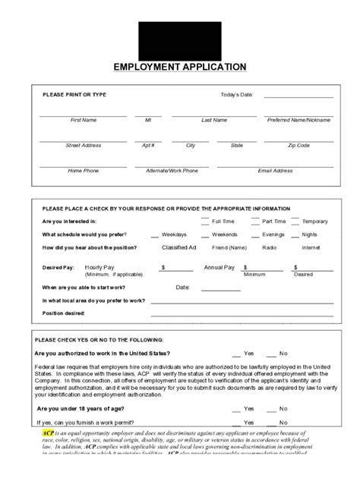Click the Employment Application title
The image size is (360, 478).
[180, 67]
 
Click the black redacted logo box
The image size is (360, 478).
[180, 39]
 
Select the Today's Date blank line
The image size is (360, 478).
[298, 97]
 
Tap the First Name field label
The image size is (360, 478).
[84, 120]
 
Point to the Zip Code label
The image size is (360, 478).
[298, 145]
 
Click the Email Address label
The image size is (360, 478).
[275, 171]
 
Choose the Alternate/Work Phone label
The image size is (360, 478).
[172, 171]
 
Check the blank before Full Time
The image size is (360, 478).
[205, 222]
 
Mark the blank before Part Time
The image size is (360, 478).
[254, 222]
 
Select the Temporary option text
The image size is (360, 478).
[315, 222]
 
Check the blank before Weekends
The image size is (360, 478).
[205, 236]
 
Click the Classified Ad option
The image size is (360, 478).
[179, 247]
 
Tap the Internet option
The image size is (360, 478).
[311, 247]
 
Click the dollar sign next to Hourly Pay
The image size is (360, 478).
[163, 268]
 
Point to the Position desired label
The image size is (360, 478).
[64, 313]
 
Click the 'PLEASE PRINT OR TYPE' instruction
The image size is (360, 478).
[74, 94]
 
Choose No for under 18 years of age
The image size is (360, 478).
[283, 408]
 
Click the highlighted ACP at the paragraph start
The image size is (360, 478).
[48, 432]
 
